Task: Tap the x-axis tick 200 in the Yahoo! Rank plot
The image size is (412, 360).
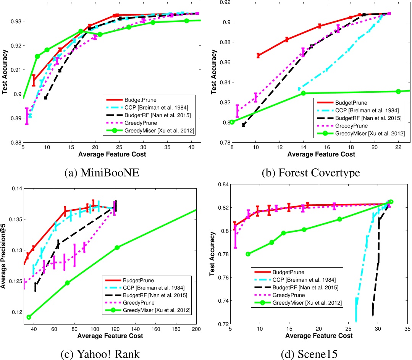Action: click(x=196, y=329)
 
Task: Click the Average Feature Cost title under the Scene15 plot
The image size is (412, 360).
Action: click(x=318, y=336)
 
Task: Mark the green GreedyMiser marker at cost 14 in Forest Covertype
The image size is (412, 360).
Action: click(x=303, y=93)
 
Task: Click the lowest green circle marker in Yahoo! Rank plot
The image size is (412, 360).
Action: click(x=29, y=317)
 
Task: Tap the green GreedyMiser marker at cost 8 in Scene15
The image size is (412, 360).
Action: click(x=248, y=254)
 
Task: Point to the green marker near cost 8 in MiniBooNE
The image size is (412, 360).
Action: click(x=37, y=57)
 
